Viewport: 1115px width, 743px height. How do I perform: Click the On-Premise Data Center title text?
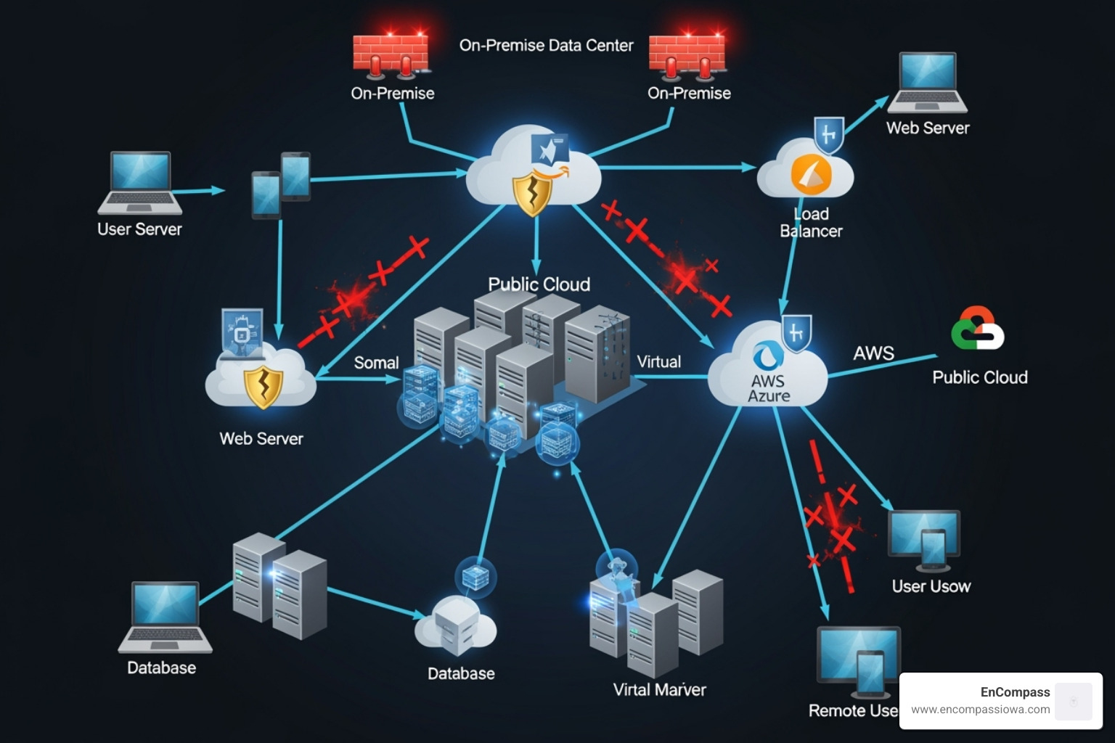(546, 46)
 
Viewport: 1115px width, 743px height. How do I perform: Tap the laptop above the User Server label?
(140, 182)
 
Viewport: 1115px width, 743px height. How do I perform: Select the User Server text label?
(139, 229)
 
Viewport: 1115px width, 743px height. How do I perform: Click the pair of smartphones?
(281, 184)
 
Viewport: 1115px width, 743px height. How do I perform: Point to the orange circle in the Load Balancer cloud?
(810, 174)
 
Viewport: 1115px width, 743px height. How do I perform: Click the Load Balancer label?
(810, 223)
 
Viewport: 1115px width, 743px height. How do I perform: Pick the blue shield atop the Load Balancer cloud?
(828, 134)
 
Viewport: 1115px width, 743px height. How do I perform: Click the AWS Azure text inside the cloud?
(768, 388)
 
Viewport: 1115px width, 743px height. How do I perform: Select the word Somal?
(376, 363)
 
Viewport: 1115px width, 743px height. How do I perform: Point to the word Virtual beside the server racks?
(658, 362)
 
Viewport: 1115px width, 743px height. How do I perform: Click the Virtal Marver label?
(659, 690)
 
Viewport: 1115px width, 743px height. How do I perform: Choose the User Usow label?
(931, 586)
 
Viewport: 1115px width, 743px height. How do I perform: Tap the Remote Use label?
(853, 711)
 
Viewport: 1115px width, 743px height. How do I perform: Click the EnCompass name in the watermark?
(1015, 692)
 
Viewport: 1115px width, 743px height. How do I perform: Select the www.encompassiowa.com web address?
(980, 710)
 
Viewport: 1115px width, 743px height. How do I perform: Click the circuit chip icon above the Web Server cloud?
(242, 334)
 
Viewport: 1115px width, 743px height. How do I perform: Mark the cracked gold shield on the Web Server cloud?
(262, 387)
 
